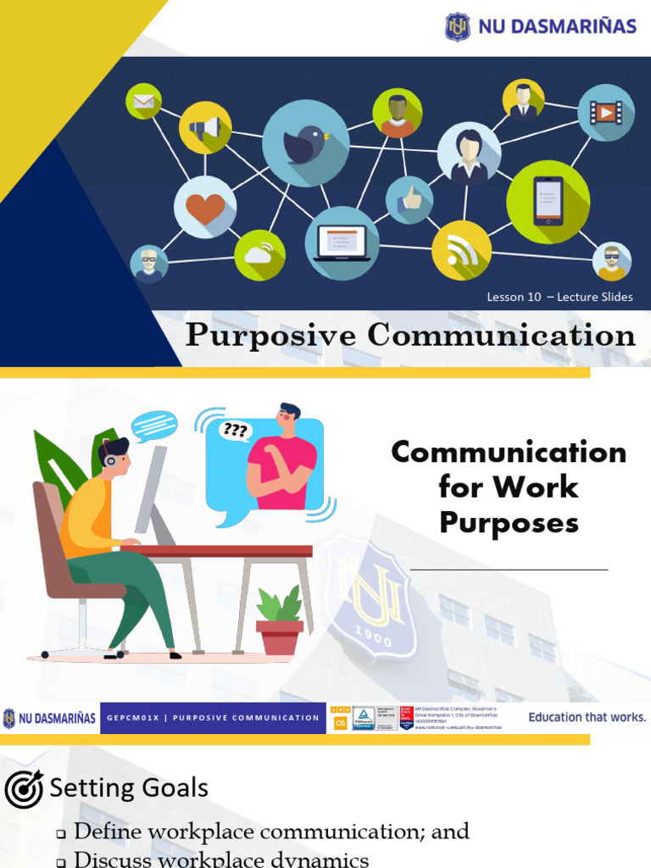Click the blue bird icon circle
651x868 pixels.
pos(306,143)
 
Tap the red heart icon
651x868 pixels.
pos(205,207)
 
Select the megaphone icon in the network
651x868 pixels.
pos(205,128)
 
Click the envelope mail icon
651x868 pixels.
pos(143,102)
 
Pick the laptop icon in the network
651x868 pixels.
pos(342,243)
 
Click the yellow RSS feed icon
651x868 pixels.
pos(461,250)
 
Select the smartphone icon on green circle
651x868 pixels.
pos(548,202)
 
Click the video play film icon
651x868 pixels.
pos(605,113)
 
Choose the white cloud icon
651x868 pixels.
pos(259,254)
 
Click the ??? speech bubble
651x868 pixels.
pos(235,430)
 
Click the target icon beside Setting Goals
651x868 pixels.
pos(24,789)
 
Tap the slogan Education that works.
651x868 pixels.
pos(587,717)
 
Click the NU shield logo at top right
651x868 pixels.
pos(458,26)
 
